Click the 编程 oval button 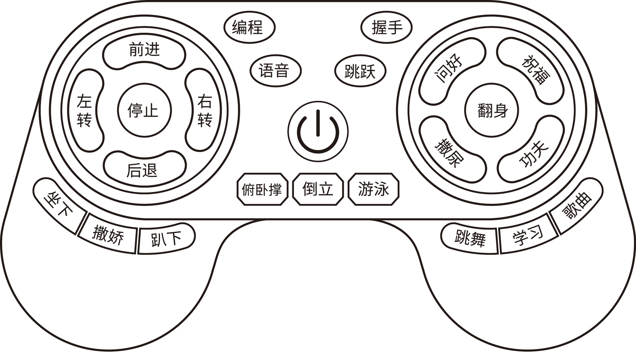[249, 28]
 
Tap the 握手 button [386, 28]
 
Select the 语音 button [275, 71]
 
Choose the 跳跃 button [360, 71]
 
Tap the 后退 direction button [144, 169]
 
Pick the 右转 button [204, 110]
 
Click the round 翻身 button [492, 110]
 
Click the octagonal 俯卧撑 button [262, 190]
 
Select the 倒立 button [318, 190]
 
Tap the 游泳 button [373, 190]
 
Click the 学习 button [527, 237]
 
